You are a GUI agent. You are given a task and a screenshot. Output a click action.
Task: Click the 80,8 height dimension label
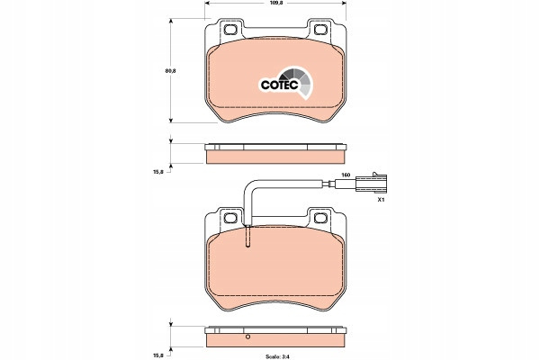pos(170,71)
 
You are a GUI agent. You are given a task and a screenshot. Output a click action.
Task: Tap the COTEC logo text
pos(279,85)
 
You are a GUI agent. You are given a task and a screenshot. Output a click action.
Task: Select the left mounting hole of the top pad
pos(229,30)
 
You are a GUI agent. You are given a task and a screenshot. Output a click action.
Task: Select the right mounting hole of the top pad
pos(320,30)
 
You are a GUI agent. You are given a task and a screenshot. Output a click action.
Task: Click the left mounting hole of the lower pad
pos(229,218)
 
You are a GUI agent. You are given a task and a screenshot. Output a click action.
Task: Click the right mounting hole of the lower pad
pos(320,218)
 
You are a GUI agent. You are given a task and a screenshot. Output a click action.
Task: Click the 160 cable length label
pos(346,175)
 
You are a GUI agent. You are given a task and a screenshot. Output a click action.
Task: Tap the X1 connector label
pos(381,200)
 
